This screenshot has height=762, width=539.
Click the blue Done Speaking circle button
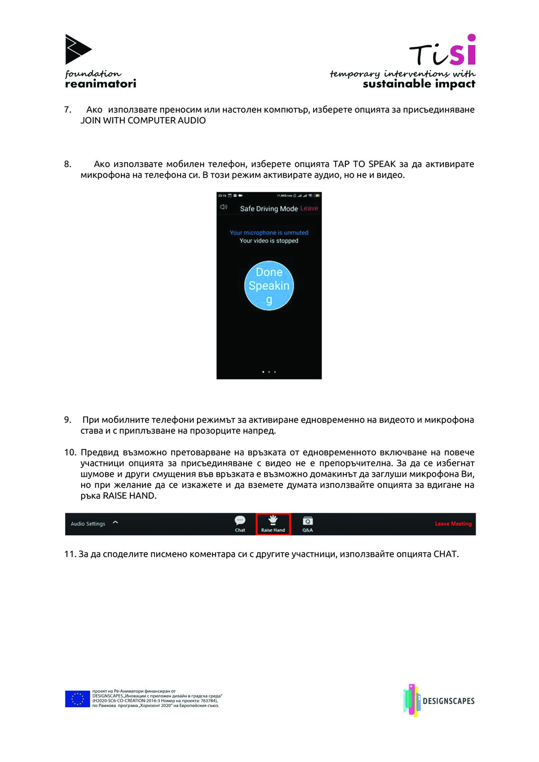(x=269, y=286)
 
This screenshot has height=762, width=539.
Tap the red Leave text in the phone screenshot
(x=309, y=208)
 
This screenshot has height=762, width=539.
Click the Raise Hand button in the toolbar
(x=273, y=524)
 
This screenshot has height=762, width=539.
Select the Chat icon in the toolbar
(x=240, y=524)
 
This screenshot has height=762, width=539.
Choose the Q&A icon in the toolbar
(x=308, y=524)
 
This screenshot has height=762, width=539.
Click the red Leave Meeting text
(x=453, y=524)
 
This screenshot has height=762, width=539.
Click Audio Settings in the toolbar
(x=88, y=524)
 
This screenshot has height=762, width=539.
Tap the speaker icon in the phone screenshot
(x=224, y=207)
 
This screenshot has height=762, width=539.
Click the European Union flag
(x=77, y=699)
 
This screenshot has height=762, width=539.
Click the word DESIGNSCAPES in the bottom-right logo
(x=448, y=701)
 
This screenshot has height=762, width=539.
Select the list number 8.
(x=67, y=164)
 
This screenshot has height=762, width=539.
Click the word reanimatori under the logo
(x=101, y=84)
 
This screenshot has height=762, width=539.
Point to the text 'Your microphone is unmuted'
(x=269, y=233)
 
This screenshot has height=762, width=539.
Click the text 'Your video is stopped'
(x=269, y=241)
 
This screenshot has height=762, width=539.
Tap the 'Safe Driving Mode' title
(x=269, y=208)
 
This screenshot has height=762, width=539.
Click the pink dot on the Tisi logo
(x=471, y=38)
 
